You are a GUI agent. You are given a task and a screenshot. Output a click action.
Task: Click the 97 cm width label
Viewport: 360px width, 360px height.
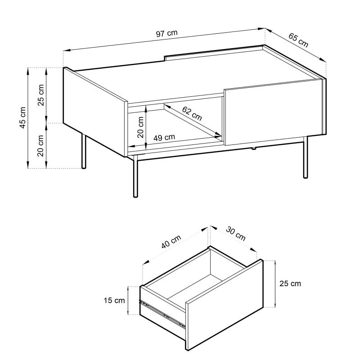click(166, 33)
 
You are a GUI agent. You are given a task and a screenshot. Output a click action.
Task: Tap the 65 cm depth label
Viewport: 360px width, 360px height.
click(298, 40)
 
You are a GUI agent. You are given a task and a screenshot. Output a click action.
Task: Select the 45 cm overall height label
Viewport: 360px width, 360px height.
click(22, 117)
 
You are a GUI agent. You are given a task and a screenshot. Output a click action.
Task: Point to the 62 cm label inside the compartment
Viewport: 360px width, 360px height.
click(192, 113)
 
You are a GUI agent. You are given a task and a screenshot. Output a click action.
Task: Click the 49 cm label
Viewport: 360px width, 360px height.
click(164, 138)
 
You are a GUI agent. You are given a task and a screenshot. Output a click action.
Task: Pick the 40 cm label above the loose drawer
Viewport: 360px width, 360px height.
click(171, 242)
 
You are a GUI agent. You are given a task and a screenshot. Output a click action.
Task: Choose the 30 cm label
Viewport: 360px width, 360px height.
click(235, 234)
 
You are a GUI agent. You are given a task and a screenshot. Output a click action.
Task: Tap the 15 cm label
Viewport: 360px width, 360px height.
click(114, 300)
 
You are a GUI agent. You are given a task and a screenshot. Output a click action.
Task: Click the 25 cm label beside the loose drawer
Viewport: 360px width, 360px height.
click(290, 283)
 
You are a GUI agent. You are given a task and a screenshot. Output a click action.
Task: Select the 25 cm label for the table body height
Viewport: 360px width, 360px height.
click(40, 95)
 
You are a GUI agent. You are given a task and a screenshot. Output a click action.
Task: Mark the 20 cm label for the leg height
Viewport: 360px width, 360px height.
click(40, 146)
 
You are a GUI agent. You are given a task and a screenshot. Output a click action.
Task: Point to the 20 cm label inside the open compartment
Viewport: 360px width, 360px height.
click(140, 127)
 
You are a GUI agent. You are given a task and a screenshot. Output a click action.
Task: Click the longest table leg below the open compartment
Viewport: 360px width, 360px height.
click(135, 176)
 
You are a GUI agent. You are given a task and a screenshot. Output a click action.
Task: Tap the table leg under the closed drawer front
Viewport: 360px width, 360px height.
click(306, 157)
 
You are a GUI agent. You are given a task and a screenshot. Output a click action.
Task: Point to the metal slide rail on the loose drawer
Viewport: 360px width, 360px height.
click(162, 312)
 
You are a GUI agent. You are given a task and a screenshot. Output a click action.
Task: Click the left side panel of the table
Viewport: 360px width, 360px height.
click(95, 112)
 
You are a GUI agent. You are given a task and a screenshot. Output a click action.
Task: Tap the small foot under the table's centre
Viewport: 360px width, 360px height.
click(254, 148)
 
